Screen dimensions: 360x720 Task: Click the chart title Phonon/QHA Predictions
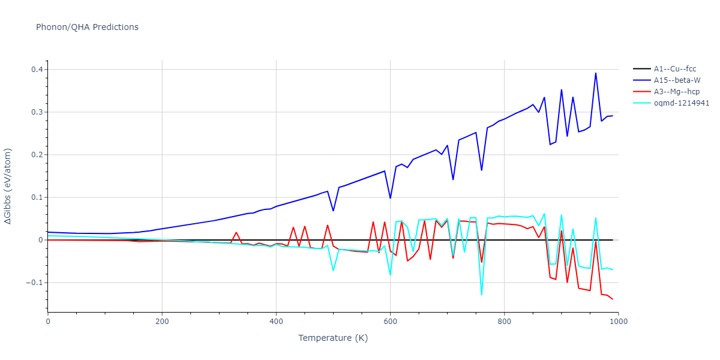click(x=87, y=27)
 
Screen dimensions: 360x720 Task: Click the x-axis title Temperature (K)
click(x=333, y=338)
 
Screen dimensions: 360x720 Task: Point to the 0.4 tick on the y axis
click(x=37, y=70)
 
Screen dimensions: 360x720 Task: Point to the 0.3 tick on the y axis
click(x=37, y=112)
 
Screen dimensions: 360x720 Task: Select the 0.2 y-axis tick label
click(x=37, y=155)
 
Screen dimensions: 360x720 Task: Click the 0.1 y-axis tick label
click(x=37, y=197)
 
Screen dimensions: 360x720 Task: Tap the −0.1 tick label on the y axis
click(x=34, y=283)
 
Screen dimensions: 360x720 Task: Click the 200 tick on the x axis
click(x=162, y=322)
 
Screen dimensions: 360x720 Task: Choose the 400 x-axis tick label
click(x=276, y=322)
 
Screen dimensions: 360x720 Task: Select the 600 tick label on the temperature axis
click(x=390, y=322)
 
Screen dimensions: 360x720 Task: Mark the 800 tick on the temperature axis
click(x=504, y=322)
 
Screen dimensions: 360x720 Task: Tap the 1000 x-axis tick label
click(x=618, y=322)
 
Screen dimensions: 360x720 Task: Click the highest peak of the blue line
click(x=595, y=73)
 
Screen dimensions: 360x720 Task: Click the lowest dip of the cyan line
click(x=481, y=295)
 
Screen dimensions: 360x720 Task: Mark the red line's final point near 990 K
click(x=613, y=299)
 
